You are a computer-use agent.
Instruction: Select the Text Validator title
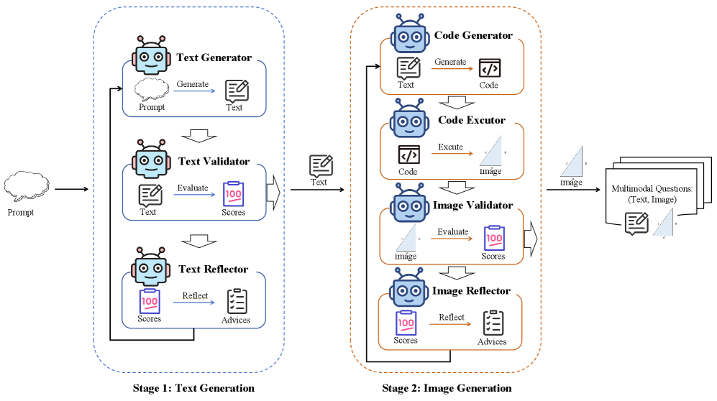point(213,162)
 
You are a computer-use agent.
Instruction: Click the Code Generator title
point(473,35)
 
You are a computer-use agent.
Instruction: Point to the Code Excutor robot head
point(409,120)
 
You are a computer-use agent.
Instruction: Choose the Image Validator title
point(473,206)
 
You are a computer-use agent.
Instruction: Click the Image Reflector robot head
point(409,290)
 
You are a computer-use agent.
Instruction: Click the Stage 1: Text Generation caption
point(193,389)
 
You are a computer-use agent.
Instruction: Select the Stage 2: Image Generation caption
point(447,389)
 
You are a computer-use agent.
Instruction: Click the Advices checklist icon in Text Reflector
point(237,301)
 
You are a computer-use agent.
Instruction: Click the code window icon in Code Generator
point(490,68)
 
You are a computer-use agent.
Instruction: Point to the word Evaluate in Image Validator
point(453,231)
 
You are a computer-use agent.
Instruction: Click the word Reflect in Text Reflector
point(195,295)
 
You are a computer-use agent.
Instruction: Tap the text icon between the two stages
point(320,166)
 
